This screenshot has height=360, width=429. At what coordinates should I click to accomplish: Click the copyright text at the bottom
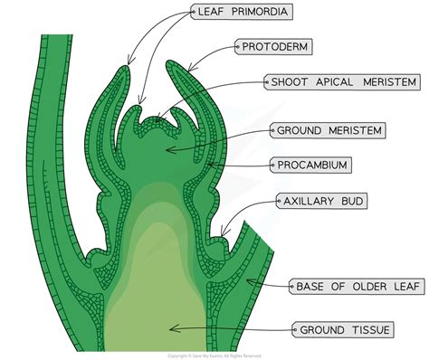point(214,354)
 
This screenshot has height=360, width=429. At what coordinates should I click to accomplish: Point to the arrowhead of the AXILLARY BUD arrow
point(223,238)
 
